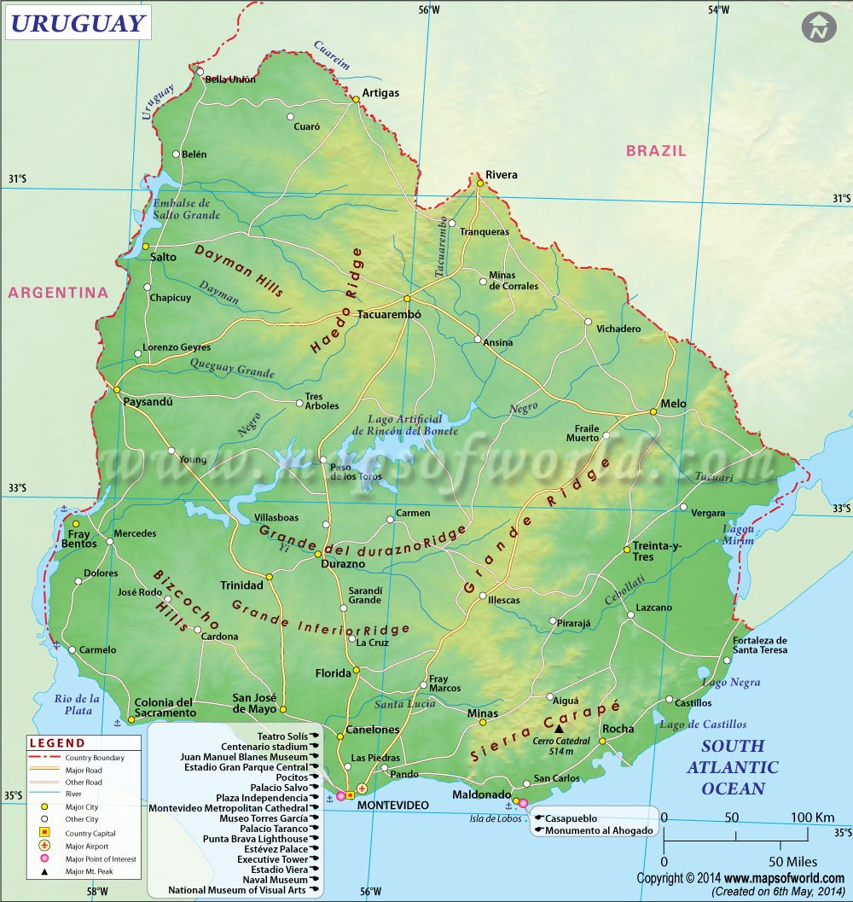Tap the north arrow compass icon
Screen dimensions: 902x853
click(819, 27)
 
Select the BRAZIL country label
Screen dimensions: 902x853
click(655, 151)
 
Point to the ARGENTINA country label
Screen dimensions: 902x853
click(59, 293)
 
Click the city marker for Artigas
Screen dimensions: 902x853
click(356, 99)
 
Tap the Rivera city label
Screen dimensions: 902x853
click(501, 175)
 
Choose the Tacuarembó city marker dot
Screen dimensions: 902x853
click(408, 299)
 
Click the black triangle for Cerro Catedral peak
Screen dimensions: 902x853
click(559, 729)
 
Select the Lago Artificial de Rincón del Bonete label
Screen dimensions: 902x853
click(405, 425)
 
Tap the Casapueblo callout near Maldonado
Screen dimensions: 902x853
click(571, 818)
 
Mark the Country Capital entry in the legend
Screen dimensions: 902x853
click(90, 833)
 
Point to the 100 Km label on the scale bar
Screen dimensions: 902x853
click(811, 818)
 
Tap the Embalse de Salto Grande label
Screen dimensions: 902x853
click(185, 209)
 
